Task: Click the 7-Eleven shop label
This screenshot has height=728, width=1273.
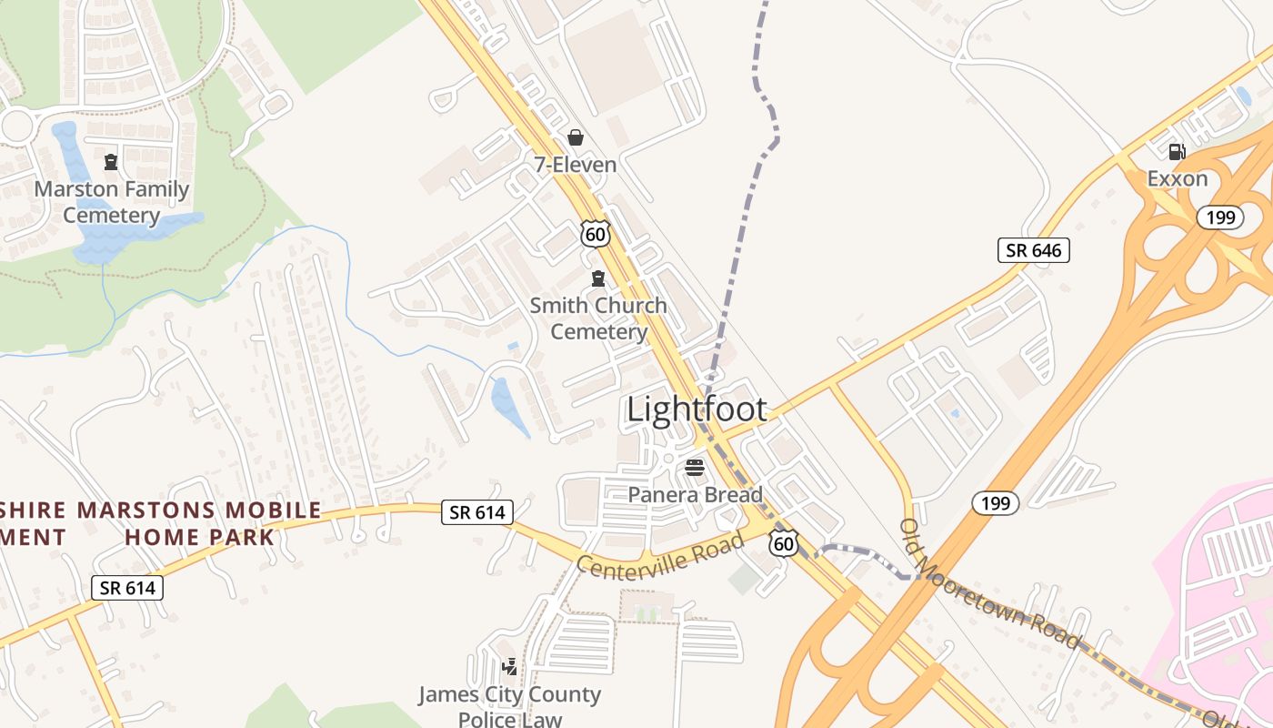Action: pyautogui.click(x=575, y=165)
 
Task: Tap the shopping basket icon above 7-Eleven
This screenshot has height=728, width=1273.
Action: pyautogui.click(x=576, y=137)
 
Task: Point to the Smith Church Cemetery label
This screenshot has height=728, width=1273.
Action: pyautogui.click(x=598, y=318)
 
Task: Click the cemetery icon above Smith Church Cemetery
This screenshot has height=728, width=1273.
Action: pyautogui.click(x=598, y=278)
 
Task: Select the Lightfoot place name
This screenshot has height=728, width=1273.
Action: pyautogui.click(x=697, y=409)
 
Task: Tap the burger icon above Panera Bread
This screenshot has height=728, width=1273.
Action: pyautogui.click(x=695, y=468)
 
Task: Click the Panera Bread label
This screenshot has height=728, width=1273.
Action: pyautogui.click(x=695, y=494)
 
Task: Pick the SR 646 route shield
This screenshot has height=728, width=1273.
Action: pyautogui.click(x=1033, y=250)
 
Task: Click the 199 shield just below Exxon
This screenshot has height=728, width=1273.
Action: pyautogui.click(x=1214, y=217)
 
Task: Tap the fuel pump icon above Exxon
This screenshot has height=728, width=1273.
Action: pyautogui.click(x=1177, y=152)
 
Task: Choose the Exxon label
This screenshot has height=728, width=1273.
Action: pyautogui.click(x=1177, y=178)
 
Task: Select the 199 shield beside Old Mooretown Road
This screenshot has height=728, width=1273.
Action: pyautogui.click(x=995, y=502)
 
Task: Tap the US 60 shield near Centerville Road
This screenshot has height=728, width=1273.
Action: pyautogui.click(x=783, y=543)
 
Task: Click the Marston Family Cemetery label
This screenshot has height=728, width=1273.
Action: pyautogui.click(x=111, y=202)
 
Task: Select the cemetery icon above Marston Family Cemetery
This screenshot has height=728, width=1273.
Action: pyautogui.click(x=111, y=162)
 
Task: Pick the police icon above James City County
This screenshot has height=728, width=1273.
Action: pyautogui.click(x=509, y=667)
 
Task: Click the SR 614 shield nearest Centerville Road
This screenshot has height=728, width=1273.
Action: pyautogui.click(x=477, y=512)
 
